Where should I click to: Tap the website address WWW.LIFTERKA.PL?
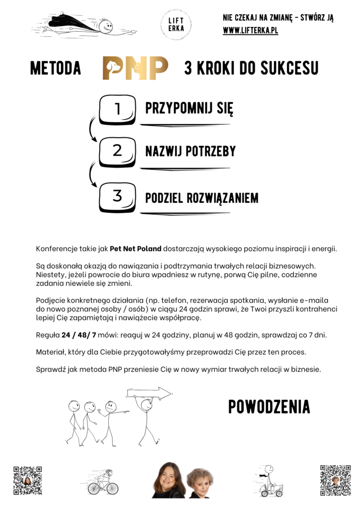[x=250, y=31]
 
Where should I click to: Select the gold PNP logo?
[x=135, y=68]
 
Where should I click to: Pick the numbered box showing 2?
[x=117, y=151]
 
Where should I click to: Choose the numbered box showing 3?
[x=117, y=196]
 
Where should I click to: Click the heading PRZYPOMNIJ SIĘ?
[x=189, y=108]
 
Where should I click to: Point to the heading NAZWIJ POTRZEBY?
[x=190, y=151]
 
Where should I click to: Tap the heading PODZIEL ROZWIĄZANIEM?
[x=201, y=198]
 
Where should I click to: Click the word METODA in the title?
[x=56, y=69]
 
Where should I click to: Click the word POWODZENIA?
[x=269, y=407]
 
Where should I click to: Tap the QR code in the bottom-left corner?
[x=27, y=481]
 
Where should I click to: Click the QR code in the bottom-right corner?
[x=335, y=480]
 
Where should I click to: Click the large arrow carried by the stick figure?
[x=149, y=394]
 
